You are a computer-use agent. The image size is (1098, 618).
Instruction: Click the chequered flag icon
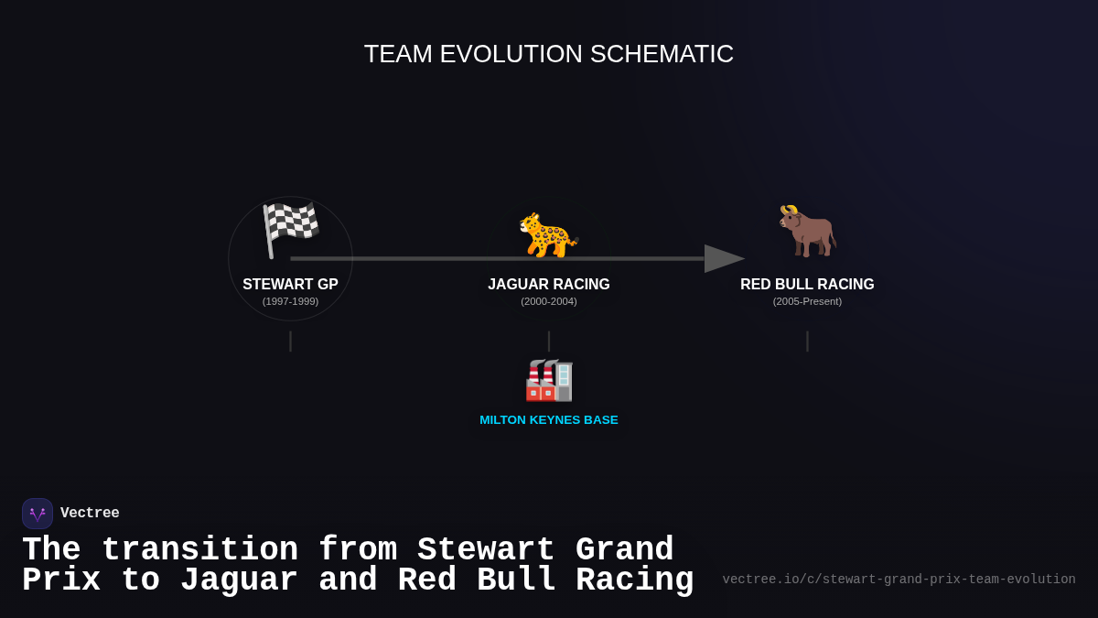(290, 229)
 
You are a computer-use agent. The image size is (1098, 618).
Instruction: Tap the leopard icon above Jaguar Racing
(548, 234)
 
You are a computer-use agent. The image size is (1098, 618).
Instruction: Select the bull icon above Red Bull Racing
(807, 230)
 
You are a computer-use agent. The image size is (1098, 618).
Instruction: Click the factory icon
(548, 380)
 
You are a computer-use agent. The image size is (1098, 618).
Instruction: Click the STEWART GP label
(290, 285)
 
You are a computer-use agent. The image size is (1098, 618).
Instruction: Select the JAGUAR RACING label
(548, 285)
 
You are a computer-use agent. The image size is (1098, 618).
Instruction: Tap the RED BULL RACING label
(807, 285)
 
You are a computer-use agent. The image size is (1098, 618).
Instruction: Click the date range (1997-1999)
(290, 301)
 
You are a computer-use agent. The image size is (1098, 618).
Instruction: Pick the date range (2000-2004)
(548, 301)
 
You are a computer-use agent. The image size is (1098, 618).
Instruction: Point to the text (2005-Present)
(807, 301)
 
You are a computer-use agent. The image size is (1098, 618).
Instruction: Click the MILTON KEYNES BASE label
(548, 420)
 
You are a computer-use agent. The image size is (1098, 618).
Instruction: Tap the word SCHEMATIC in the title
(662, 54)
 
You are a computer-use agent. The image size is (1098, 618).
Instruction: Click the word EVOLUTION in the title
(511, 54)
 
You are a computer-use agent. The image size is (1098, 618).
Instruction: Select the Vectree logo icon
(38, 514)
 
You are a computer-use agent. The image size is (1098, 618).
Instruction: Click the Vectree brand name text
(90, 514)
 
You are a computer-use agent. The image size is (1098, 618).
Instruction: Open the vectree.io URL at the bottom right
(899, 580)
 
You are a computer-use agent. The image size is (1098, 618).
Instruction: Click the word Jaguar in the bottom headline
(239, 580)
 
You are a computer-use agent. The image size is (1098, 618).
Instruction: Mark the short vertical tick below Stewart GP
(290, 342)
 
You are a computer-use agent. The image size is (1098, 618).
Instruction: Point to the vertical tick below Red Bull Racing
(807, 342)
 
